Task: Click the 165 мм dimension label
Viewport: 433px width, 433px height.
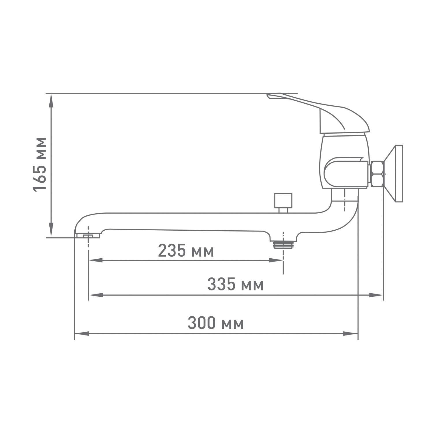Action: (x=40, y=164)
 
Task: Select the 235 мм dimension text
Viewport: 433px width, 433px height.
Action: (x=186, y=251)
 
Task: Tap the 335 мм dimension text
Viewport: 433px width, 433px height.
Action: (x=235, y=285)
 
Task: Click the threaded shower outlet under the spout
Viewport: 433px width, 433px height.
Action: (x=283, y=245)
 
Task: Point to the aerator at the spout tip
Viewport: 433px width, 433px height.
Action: (x=87, y=236)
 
